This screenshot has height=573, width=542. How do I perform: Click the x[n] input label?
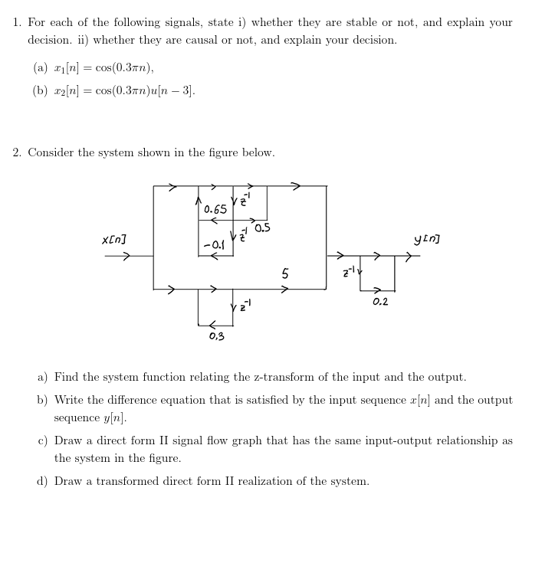coord(114,241)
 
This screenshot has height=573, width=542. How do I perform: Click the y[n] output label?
coord(426,241)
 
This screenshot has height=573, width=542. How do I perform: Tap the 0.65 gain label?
coord(215,209)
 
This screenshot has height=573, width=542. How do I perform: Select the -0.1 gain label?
coord(215,244)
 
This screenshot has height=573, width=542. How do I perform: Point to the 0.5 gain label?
coord(262,228)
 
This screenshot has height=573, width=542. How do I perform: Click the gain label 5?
coord(285,273)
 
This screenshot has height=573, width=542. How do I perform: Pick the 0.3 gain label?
coord(216,336)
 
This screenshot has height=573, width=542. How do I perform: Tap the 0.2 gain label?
coord(380,302)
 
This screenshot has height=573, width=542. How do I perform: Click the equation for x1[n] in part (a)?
coord(94,68)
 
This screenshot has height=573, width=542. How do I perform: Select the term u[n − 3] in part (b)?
coord(175,91)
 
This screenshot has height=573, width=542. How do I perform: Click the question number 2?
coord(16,152)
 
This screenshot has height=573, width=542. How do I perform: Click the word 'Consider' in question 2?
coord(51,152)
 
